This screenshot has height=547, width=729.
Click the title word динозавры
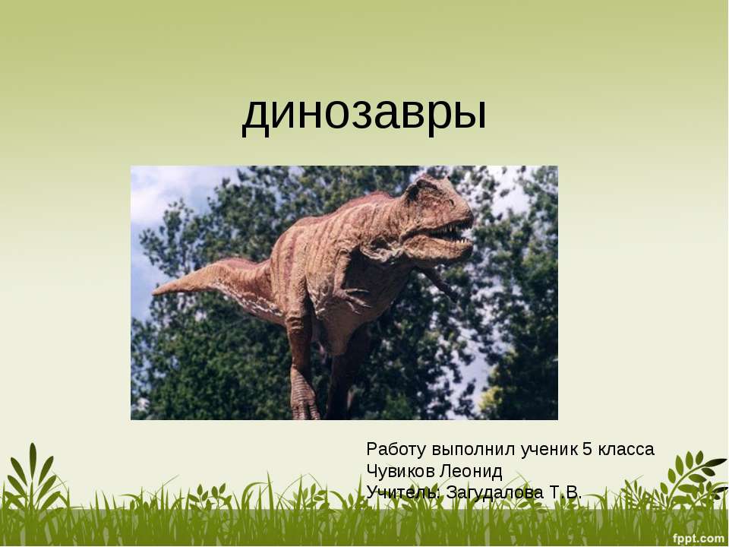(364, 115)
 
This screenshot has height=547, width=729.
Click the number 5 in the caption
(586, 449)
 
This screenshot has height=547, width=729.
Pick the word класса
(626, 449)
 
